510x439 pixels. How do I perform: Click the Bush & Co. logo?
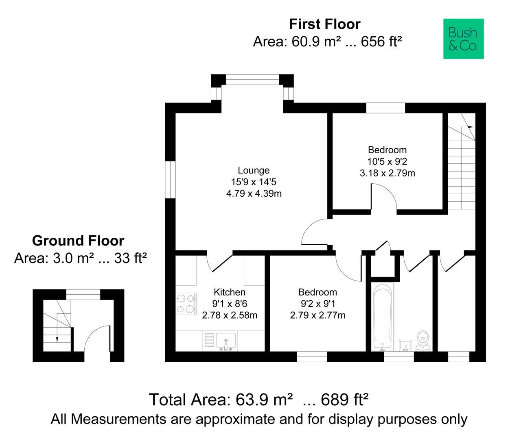[x=463, y=39]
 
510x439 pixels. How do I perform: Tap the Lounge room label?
[x=254, y=170]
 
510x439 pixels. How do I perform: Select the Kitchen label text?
[x=230, y=292]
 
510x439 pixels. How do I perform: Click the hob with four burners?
[x=186, y=304]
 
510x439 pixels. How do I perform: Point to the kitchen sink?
[x=226, y=341]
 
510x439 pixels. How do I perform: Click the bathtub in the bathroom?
[x=383, y=317]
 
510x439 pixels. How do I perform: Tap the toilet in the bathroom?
[x=423, y=341]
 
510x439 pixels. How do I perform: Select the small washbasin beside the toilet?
[x=405, y=346]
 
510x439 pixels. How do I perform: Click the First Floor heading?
[x=325, y=24]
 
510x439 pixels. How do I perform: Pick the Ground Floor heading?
[x=78, y=241]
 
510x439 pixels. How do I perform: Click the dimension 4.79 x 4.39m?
[x=254, y=193]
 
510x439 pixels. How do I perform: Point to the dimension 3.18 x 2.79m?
[x=387, y=173]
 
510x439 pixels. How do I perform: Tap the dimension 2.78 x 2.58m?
[x=230, y=315]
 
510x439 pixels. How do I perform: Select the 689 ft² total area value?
[x=344, y=400]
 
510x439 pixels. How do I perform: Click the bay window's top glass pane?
[x=252, y=80]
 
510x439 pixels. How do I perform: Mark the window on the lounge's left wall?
[x=170, y=180]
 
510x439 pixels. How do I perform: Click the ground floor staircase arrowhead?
[x=57, y=340]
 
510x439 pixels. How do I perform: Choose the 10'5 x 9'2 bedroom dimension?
[x=387, y=162]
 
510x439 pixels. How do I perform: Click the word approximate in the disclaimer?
[x=252, y=419]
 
